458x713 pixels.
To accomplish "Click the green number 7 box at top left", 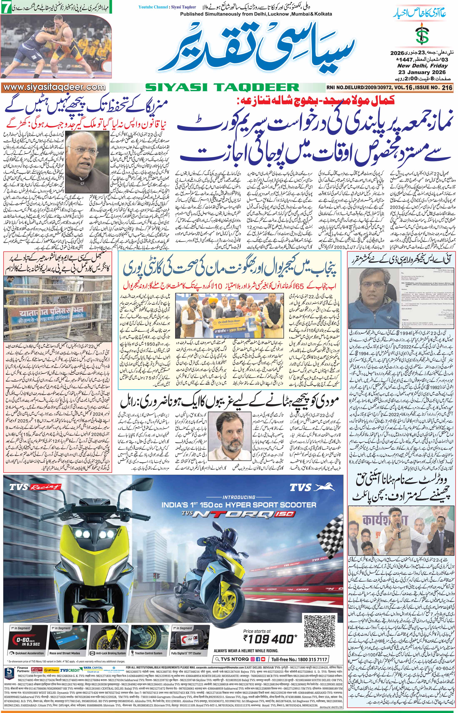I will tap(5, 8).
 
